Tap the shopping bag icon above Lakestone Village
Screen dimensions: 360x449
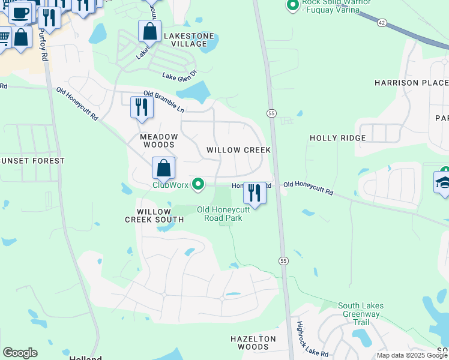tap(149, 31)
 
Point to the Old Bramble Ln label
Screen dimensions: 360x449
tap(163, 101)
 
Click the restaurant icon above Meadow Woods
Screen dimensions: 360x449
tap(142, 107)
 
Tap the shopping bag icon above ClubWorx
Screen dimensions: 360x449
tap(163, 168)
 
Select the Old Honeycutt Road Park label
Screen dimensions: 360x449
tap(220, 214)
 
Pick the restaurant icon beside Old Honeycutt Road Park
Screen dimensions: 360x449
tap(255, 193)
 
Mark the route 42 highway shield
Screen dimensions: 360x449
tap(382, 22)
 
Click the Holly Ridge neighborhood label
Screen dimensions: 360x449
tap(337, 138)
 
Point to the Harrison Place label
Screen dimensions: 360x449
tap(411, 82)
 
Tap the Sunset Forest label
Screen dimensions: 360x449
tap(32, 161)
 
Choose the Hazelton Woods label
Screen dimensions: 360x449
tap(253, 343)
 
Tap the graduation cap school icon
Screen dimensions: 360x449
tap(443, 182)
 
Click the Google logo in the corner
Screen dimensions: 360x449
tap(20, 353)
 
